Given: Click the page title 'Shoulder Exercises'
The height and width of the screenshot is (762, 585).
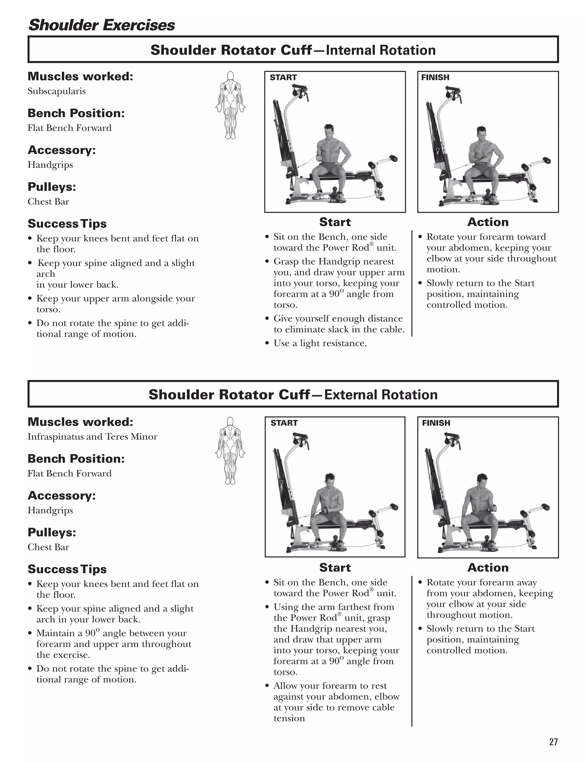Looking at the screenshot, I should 101,25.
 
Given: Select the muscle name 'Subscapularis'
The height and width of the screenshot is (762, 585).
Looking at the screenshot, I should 56,91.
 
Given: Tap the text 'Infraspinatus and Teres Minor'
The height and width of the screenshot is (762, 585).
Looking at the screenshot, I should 92,437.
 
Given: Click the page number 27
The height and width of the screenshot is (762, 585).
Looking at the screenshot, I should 553,742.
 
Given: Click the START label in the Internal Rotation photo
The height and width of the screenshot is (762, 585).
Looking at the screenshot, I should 283,77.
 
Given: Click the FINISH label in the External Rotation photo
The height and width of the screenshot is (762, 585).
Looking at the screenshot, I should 436,423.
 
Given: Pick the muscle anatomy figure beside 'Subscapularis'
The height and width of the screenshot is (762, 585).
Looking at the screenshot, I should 230,105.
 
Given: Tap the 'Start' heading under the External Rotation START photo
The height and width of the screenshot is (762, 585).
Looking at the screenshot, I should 335,567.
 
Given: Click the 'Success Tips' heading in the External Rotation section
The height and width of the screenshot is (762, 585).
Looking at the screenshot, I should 67,569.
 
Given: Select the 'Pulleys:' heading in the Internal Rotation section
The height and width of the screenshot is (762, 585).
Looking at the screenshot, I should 51,187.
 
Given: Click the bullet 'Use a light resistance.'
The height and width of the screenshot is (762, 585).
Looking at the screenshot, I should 320,343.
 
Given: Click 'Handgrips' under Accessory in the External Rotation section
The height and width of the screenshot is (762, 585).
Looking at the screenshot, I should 50,510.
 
